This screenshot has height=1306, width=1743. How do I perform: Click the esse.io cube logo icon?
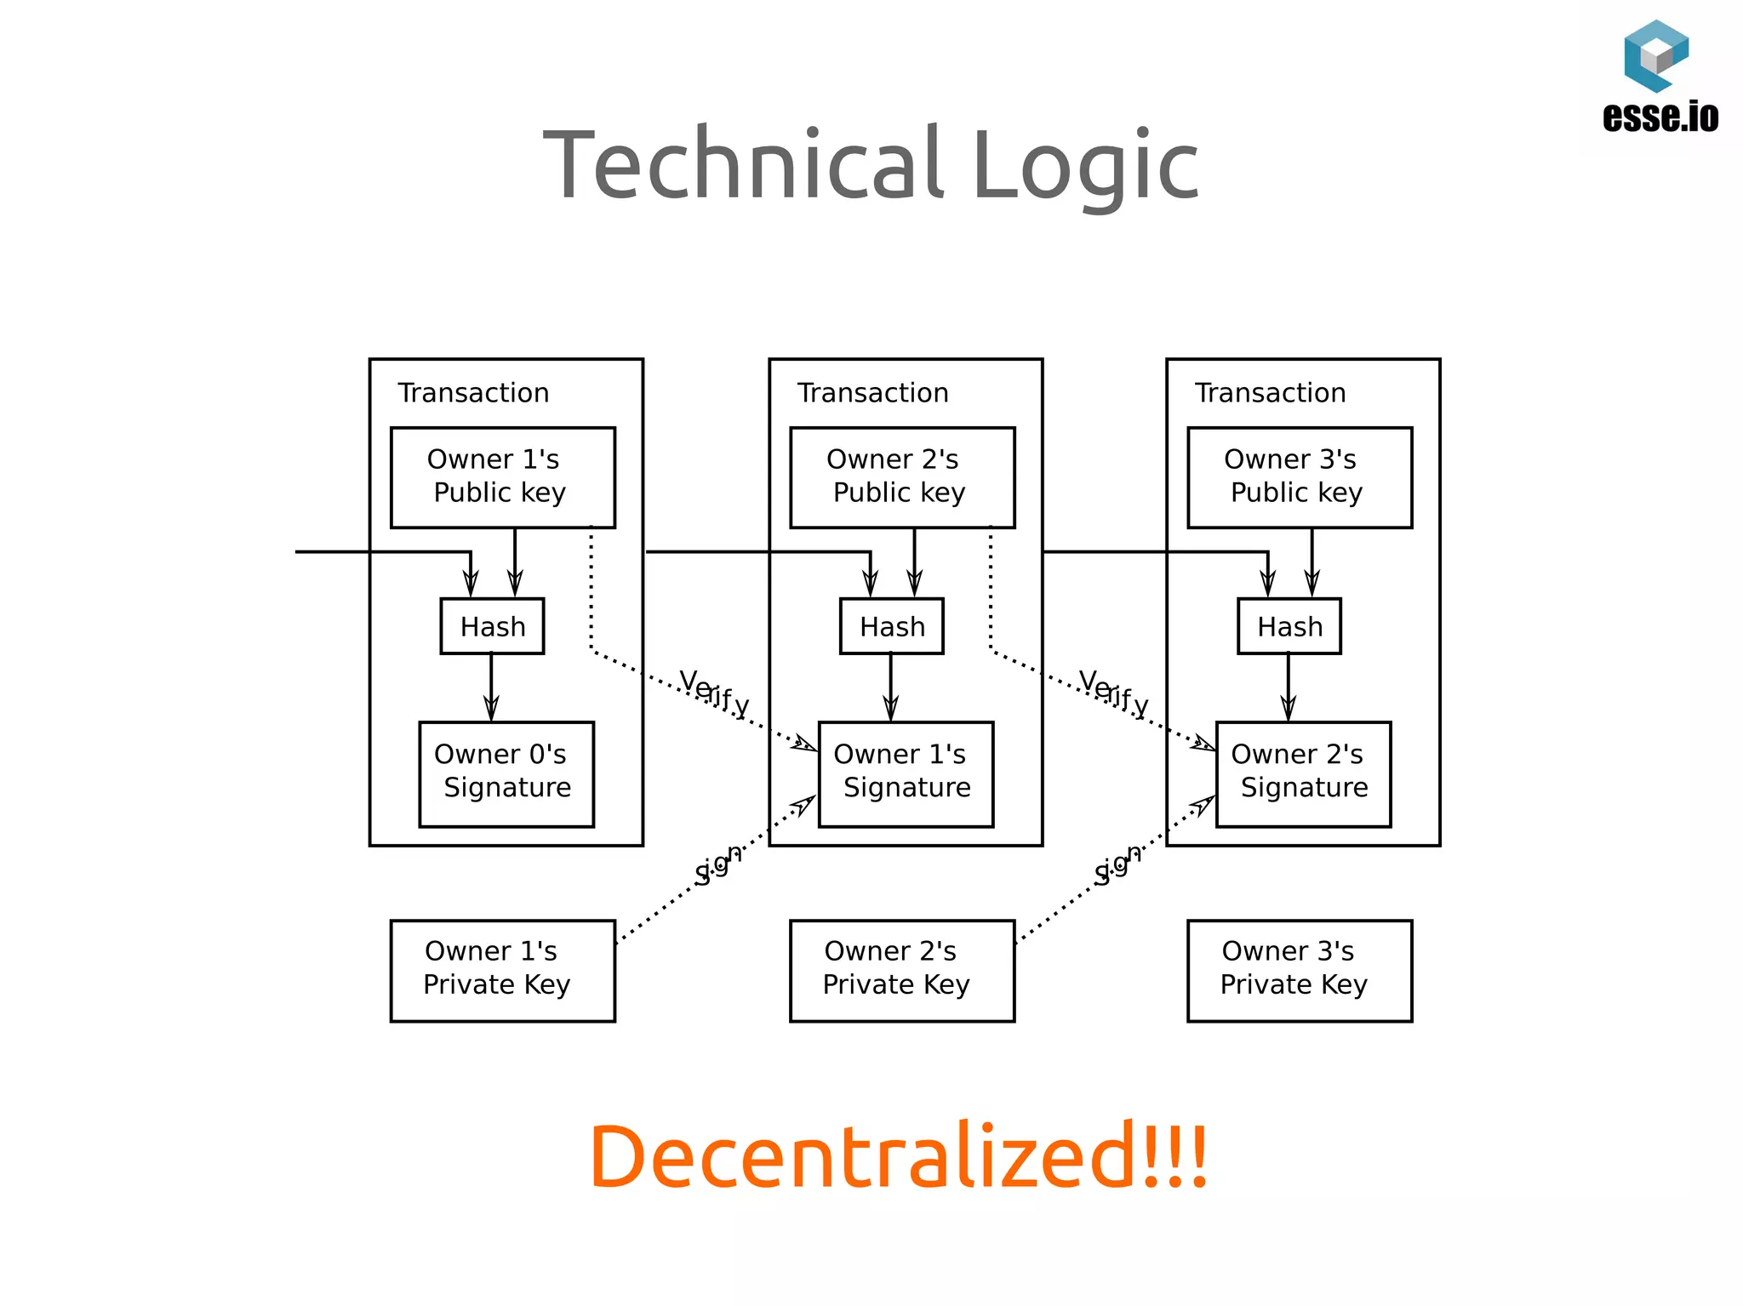coord(1655,55)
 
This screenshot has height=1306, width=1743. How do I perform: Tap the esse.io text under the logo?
coord(1660,117)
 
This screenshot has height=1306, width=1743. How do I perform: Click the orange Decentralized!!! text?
coord(898,1156)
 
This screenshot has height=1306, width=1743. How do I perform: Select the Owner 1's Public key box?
coord(502,476)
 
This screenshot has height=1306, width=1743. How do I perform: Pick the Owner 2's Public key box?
coord(901,476)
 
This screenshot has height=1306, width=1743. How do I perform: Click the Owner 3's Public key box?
coord(1299,476)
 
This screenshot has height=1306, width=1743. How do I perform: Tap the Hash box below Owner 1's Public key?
coord(492,626)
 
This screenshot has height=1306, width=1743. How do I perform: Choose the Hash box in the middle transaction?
coord(891,626)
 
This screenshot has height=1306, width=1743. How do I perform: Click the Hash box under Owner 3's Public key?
coord(1289,626)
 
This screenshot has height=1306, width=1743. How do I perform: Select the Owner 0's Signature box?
coord(506,773)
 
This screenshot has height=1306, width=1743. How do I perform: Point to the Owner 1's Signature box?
coord(906,773)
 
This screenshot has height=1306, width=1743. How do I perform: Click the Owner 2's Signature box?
coord(1303,773)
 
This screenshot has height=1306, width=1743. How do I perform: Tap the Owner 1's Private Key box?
coord(502,969)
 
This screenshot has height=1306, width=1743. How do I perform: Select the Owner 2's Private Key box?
coord(901,969)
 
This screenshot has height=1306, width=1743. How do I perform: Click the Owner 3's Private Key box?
coord(1299,969)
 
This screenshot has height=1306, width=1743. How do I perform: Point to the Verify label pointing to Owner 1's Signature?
coord(714,693)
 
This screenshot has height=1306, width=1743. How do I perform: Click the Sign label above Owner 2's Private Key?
coord(1117,866)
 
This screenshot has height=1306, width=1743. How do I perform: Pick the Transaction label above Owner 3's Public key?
coord(1270,393)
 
